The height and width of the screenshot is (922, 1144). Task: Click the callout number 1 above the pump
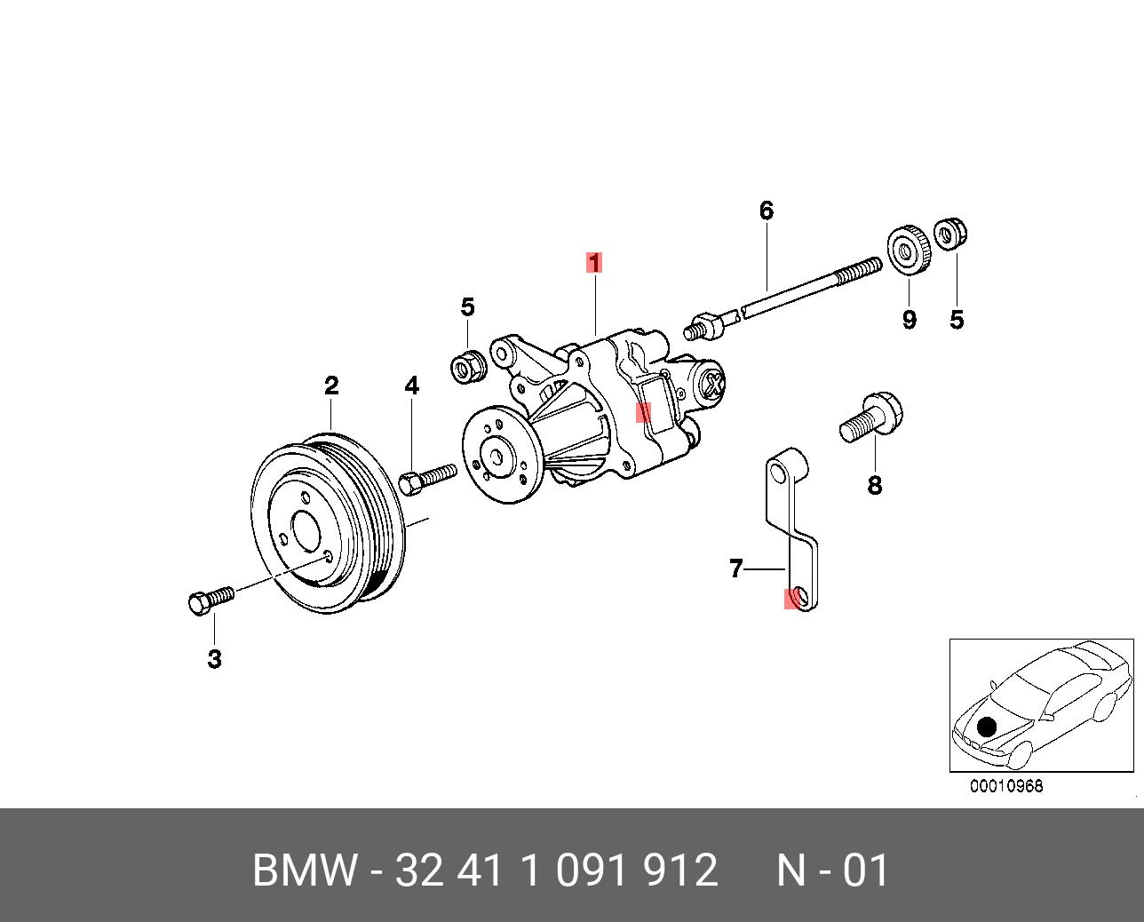(x=593, y=262)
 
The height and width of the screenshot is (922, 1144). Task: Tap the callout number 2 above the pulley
(x=331, y=385)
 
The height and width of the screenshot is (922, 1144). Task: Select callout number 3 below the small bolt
(x=214, y=659)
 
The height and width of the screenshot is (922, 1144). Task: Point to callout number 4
(x=411, y=385)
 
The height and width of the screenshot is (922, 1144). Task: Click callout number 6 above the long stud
(x=766, y=211)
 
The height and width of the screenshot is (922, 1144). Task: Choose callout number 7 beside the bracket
(x=735, y=568)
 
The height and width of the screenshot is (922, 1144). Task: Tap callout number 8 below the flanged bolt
(x=875, y=485)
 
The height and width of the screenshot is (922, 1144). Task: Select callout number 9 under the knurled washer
(x=909, y=320)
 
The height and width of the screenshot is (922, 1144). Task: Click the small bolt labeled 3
(x=210, y=600)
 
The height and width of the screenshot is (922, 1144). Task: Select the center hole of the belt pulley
(x=305, y=532)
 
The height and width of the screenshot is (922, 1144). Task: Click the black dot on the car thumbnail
(x=986, y=727)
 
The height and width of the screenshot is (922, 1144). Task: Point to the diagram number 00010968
(x=1006, y=786)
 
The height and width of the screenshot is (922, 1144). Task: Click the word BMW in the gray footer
(x=305, y=870)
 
